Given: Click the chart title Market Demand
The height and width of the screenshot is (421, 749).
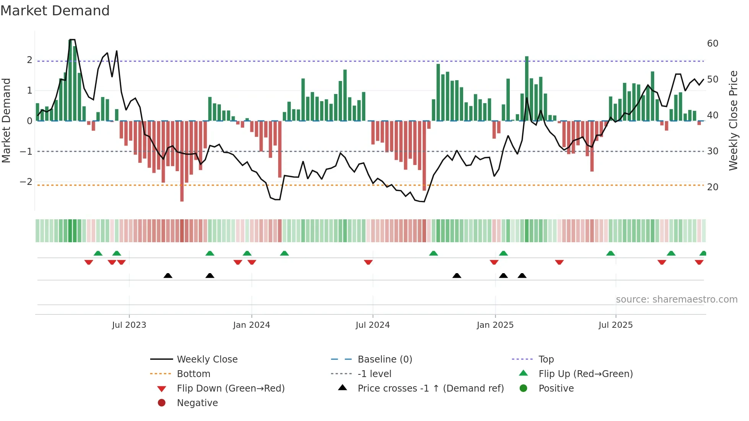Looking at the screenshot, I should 55,11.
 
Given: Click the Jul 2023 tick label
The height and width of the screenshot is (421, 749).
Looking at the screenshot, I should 129,325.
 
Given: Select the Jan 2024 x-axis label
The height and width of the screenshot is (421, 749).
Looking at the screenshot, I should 251,325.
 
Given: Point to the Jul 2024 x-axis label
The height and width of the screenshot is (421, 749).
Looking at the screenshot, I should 373,325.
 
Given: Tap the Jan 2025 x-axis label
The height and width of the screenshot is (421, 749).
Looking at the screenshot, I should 495,325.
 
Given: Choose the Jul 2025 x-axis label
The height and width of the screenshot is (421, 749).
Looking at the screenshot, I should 616,325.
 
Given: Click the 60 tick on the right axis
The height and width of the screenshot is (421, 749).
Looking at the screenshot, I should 713,44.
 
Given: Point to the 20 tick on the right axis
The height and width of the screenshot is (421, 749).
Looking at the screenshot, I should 713,187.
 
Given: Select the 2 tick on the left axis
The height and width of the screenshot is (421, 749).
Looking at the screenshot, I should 29,60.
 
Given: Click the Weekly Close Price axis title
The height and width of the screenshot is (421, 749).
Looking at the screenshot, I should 733,120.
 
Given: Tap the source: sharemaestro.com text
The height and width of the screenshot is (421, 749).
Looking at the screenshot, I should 676,300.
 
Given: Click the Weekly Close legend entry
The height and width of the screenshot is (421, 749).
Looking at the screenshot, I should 207,359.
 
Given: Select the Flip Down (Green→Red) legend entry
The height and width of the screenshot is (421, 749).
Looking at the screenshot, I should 230,389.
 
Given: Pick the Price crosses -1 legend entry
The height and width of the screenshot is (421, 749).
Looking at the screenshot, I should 431,389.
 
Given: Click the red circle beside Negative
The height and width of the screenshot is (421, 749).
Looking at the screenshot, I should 162,403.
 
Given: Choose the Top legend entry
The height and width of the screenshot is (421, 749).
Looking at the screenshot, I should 546,359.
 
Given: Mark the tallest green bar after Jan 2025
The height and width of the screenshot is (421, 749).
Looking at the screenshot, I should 527,88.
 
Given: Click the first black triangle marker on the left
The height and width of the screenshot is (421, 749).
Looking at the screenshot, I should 168,275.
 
